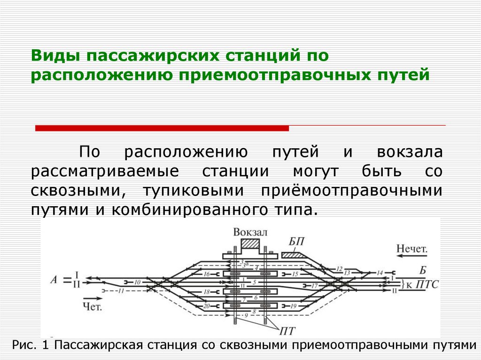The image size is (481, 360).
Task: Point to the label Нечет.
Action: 412,249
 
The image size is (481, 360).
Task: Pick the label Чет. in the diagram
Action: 92,306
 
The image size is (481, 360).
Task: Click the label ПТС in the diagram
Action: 426,284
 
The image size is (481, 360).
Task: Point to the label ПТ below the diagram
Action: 287,331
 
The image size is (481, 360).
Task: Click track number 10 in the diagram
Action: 137,283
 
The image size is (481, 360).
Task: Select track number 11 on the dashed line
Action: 121,291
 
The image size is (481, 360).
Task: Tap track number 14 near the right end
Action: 380,272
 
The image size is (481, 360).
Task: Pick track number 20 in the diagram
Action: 206,306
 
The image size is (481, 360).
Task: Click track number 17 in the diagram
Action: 314,285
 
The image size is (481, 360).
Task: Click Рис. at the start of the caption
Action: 23,345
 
